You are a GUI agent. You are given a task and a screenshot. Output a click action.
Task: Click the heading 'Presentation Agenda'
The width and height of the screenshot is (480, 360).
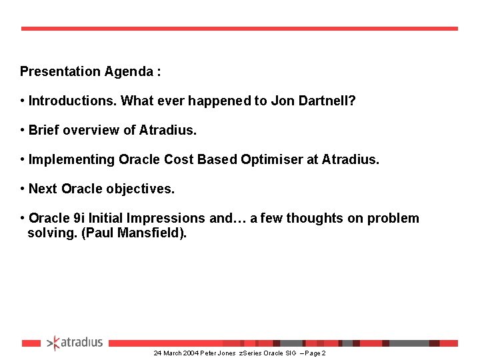point(90,71)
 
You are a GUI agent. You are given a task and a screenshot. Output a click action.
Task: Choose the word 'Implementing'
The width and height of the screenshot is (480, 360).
point(72,159)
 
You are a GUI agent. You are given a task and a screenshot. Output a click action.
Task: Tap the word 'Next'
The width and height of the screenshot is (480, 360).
point(43,189)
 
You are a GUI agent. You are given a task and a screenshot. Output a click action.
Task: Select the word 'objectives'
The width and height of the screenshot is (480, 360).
point(141,189)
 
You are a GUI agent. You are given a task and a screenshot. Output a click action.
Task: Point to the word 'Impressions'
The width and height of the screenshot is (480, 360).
point(169,218)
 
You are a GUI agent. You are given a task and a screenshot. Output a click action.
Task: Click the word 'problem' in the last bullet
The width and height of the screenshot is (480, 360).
point(394,218)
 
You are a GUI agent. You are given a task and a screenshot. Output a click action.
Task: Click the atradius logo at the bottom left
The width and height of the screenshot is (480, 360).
point(75,343)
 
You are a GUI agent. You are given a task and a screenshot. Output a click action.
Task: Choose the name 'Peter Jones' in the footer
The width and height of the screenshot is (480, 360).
point(218,353)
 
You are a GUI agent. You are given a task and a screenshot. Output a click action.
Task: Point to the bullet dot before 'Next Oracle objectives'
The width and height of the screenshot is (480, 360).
point(23,189)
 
